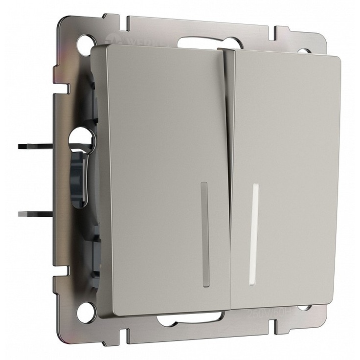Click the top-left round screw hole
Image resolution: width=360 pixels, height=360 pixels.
point(84,40)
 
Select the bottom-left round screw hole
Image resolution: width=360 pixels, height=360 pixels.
point(87,309)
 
